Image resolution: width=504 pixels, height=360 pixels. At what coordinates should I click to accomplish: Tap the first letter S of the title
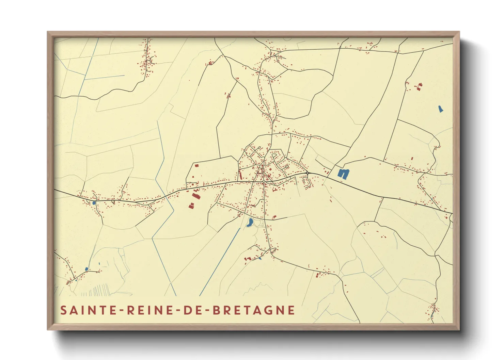[x=63, y=310]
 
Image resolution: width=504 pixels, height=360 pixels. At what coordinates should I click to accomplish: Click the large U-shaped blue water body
[x=344, y=173]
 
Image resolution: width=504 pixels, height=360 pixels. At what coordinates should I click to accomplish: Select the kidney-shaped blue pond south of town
[x=250, y=223]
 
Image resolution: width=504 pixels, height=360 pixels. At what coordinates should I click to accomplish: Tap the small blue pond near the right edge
[x=440, y=109]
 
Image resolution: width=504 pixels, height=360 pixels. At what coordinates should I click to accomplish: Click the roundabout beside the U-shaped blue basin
[x=307, y=173]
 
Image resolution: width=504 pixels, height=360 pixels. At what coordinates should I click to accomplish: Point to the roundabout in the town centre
[x=263, y=183]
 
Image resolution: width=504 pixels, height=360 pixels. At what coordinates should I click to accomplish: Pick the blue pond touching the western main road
[x=94, y=203]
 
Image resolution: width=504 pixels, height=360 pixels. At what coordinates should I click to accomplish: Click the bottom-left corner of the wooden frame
[x=48, y=329]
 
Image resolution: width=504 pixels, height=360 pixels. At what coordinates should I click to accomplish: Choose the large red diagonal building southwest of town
[x=195, y=196]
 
